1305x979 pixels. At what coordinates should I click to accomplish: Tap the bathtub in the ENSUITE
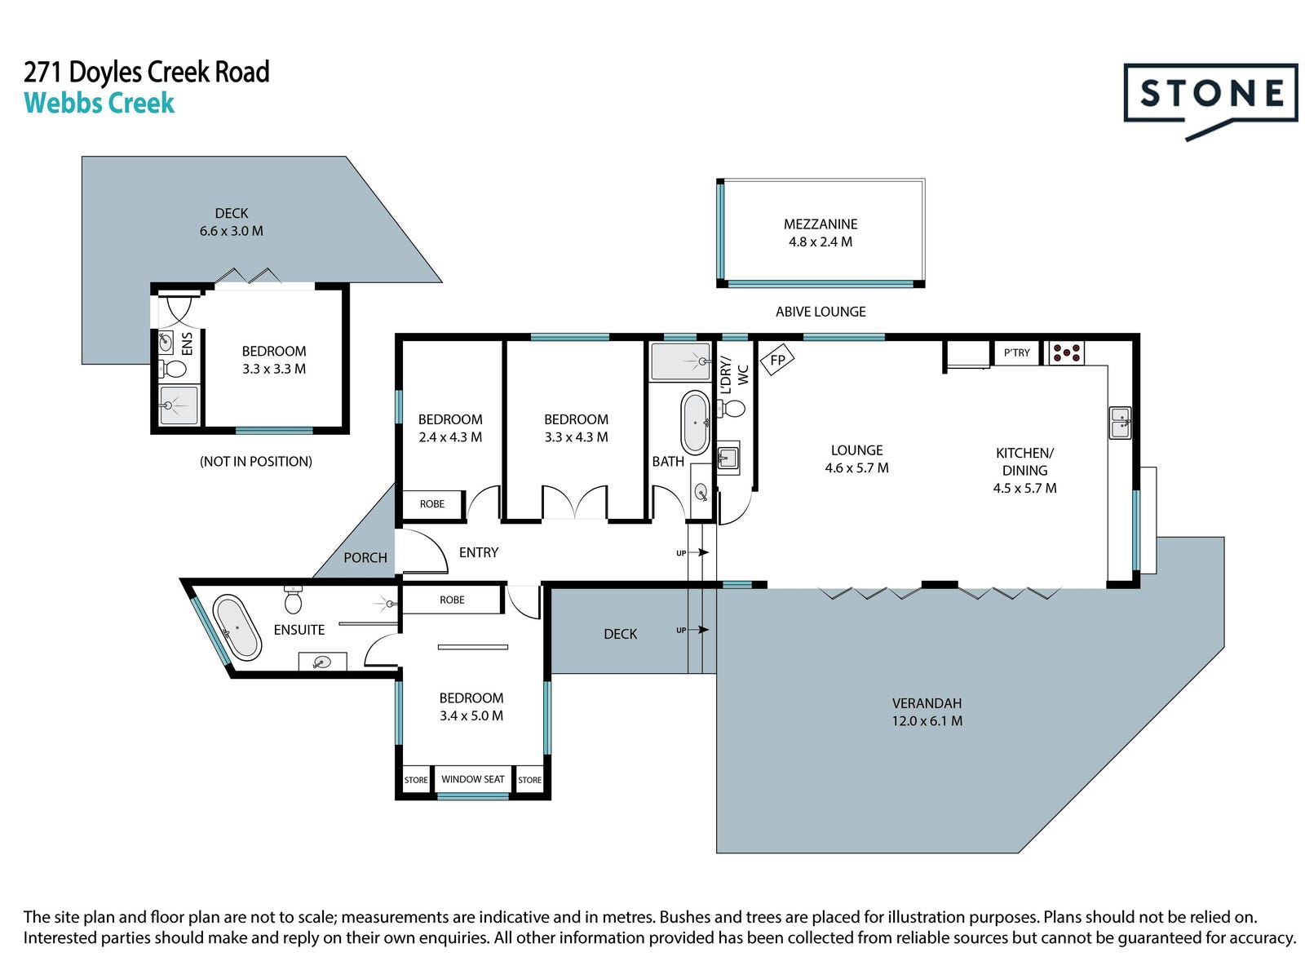click(x=237, y=627)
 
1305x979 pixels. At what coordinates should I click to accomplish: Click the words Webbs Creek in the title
click(x=100, y=103)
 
